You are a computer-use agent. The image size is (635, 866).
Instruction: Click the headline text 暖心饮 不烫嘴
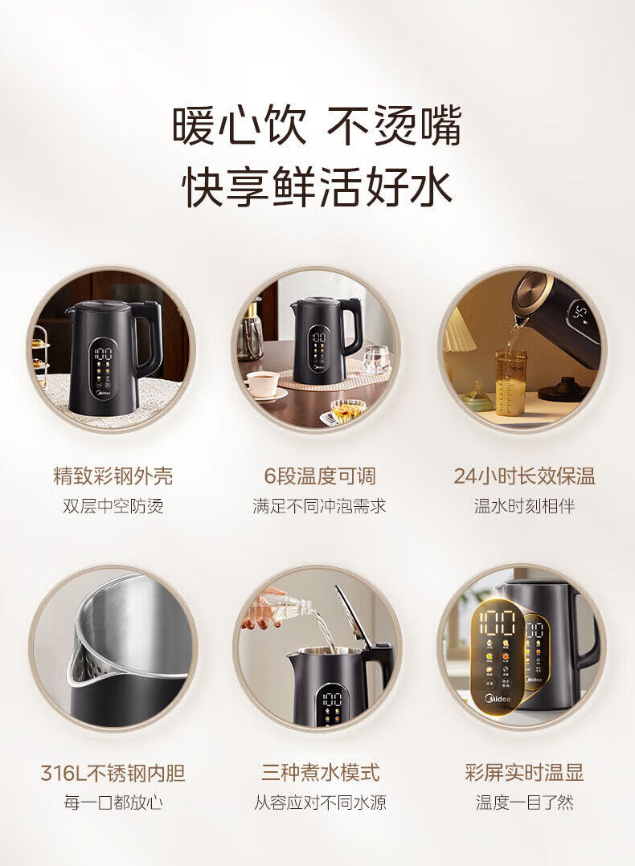tap(317, 125)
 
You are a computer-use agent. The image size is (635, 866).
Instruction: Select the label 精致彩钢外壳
tap(113, 476)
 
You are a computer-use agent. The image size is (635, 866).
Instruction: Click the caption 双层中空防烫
tap(113, 506)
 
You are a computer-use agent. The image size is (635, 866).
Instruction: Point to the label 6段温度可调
tap(319, 476)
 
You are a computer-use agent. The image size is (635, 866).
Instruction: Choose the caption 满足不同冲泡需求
tap(319, 506)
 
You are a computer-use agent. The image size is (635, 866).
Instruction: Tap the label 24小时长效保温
tap(524, 476)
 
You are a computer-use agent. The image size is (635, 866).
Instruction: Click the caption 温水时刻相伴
tap(524, 506)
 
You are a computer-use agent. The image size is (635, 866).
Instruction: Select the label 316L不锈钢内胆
tap(113, 773)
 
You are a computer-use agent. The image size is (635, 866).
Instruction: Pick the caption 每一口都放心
tap(113, 802)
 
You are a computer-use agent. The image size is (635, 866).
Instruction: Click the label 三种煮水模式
tap(320, 773)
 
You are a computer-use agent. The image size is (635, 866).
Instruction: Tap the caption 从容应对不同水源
tap(320, 802)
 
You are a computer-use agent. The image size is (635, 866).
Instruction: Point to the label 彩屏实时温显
tap(524, 773)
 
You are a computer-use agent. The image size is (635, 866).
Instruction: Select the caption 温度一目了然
tap(524, 802)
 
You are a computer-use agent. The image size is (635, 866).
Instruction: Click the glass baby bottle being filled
tap(510, 382)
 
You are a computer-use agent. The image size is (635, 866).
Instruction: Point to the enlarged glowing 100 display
tap(497, 623)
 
